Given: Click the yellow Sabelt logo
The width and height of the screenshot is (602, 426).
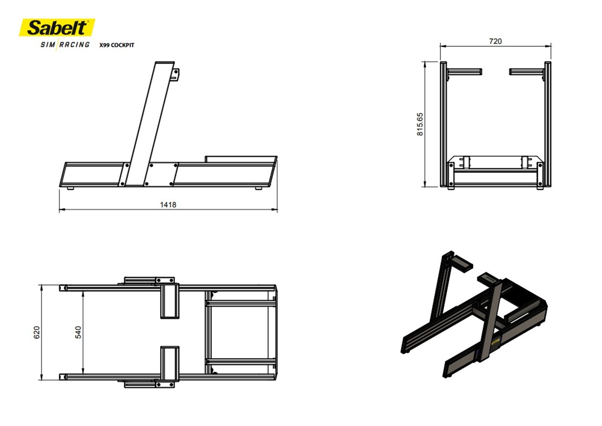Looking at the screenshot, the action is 57,27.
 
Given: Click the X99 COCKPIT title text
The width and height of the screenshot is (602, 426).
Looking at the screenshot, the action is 117,45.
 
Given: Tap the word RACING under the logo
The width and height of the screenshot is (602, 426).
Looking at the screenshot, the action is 74,45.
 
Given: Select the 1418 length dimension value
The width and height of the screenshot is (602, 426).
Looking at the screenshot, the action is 168,205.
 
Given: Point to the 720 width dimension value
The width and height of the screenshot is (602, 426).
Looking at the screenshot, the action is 495,41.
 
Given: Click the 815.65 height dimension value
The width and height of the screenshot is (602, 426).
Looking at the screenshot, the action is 420,124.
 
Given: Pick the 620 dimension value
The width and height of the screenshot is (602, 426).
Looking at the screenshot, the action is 37,332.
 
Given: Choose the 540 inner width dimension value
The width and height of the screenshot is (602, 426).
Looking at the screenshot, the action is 78,332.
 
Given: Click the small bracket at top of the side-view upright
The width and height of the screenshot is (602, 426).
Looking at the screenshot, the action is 175,75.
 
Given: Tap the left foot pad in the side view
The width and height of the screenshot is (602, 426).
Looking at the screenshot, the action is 70,188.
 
